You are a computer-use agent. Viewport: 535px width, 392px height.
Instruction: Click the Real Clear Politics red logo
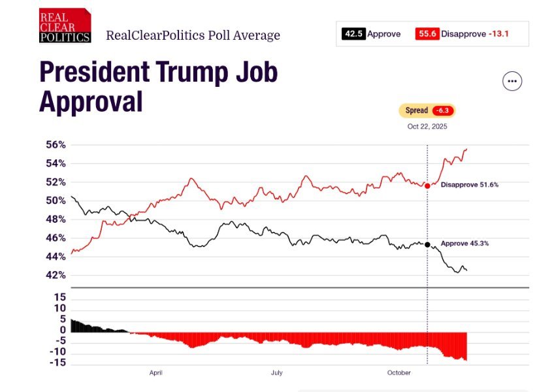(x=64, y=26)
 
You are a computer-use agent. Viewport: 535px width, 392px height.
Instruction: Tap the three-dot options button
(x=512, y=82)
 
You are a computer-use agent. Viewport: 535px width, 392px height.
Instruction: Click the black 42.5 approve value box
(x=353, y=34)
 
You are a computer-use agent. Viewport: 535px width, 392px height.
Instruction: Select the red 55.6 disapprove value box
(x=427, y=34)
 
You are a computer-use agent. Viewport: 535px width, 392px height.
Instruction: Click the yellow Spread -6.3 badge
(x=427, y=110)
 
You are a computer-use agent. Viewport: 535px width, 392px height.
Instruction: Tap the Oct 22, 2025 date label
(x=427, y=126)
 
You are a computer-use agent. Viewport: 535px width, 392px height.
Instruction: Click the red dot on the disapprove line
(x=427, y=186)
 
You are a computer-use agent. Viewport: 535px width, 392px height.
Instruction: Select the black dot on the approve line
(x=427, y=244)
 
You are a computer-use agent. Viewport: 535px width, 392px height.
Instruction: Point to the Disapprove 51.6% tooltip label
(x=469, y=185)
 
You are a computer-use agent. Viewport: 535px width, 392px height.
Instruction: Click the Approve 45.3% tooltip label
(x=464, y=243)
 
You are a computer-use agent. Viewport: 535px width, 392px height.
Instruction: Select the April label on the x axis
(x=155, y=372)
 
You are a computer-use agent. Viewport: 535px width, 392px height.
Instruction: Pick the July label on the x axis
(x=276, y=372)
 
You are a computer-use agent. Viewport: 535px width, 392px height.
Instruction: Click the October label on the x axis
(x=398, y=372)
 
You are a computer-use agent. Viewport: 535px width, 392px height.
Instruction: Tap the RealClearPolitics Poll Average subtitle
(x=193, y=35)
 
